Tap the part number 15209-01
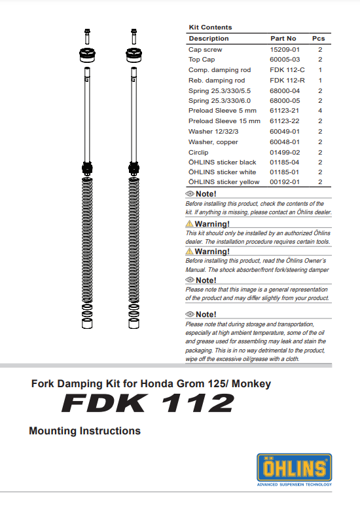pos(285,50)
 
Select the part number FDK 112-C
pos(287,70)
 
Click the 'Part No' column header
pos(283,39)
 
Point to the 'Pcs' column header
pos(319,39)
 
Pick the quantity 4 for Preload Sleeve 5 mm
pos(320,111)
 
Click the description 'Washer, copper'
pos(213,142)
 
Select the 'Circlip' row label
pos(198,153)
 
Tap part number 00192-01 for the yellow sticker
pos(285,182)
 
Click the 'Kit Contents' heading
pos(210,28)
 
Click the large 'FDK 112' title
pos(148,403)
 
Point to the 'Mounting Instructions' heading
pos(84,431)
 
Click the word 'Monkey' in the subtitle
pos(251,383)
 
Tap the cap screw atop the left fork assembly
pos(87,36)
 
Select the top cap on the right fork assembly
pos(134,55)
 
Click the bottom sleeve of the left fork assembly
pos(87,324)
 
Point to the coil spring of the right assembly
pos(134,240)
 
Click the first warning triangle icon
pos(189,224)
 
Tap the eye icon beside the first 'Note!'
pos(190,194)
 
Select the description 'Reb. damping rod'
pos(217,81)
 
